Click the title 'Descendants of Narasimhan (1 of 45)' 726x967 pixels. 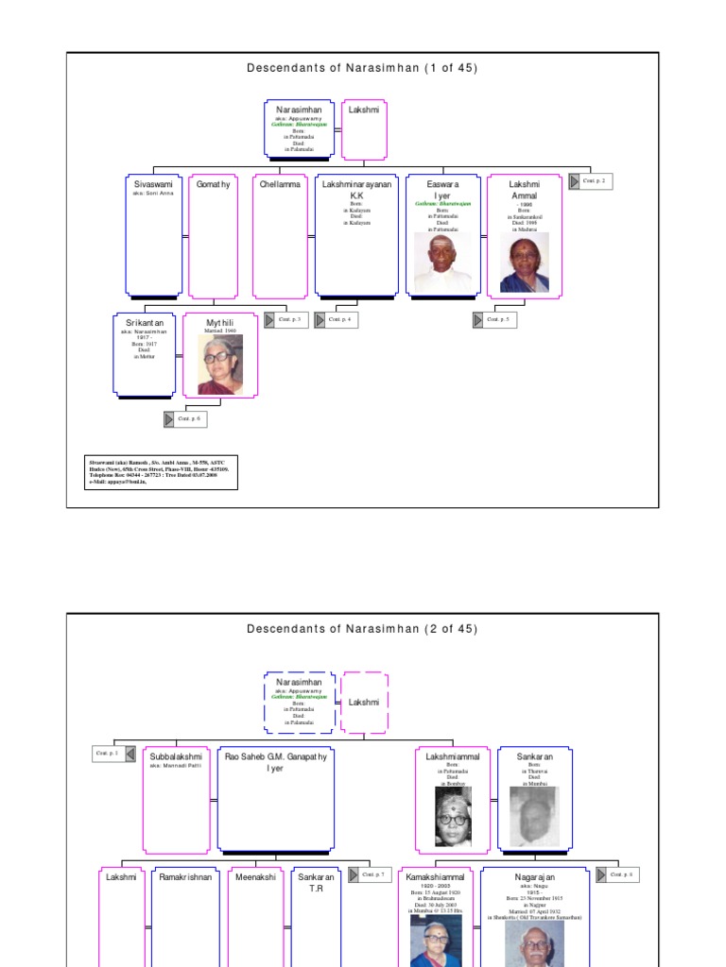click(362, 68)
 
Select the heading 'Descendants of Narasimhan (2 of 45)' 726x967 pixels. click(362, 629)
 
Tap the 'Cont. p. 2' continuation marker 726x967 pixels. click(591, 180)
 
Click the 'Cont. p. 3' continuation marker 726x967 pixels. click(286, 319)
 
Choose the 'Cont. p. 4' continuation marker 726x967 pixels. click(337, 320)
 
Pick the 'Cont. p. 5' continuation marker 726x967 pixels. click(495, 320)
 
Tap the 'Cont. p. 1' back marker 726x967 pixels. click(114, 754)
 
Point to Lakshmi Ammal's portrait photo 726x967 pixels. click(525, 263)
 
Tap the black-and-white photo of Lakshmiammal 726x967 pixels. click(452, 815)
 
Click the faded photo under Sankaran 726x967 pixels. click(535, 815)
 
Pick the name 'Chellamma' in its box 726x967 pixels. click(280, 185)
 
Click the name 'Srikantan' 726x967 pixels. click(145, 323)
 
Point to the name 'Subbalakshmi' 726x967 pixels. click(176, 757)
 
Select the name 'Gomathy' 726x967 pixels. click(213, 185)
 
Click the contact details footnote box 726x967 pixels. click(161, 472)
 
